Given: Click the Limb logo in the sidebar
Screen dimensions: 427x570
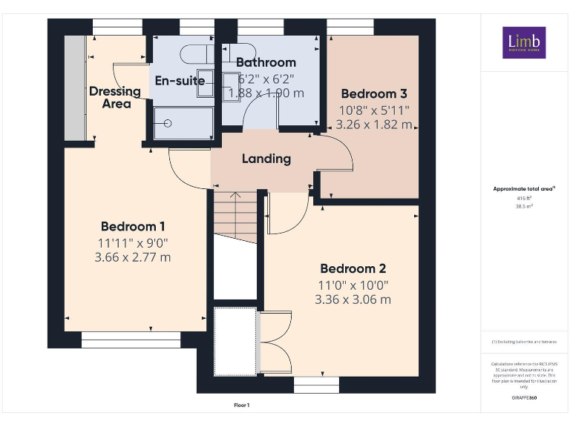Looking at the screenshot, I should [524, 43].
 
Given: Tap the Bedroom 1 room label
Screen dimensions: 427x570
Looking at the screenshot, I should [133, 227].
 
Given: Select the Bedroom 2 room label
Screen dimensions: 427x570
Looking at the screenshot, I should [353, 268].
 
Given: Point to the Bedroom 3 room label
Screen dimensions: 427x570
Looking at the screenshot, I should [374, 94].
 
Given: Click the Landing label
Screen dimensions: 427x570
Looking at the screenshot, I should [266, 159].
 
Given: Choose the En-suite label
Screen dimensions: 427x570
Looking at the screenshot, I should [179, 81].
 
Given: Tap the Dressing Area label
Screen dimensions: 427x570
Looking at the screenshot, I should [115, 97].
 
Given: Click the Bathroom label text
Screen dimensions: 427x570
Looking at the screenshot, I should [266, 63].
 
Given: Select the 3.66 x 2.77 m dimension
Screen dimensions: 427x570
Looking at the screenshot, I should [133, 257].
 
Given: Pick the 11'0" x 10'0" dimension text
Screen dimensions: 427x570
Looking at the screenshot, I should [353, 285].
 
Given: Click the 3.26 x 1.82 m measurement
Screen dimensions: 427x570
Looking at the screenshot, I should [374, 125].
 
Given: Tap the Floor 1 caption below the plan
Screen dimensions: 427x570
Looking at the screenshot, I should [242, 406].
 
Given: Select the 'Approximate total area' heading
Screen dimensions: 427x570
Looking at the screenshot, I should [523, 189].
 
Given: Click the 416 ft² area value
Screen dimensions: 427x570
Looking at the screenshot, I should [524, 199].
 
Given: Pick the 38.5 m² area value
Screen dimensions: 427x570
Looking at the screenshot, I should [524, 206].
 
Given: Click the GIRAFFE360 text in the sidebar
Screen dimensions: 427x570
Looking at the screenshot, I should [524, 399].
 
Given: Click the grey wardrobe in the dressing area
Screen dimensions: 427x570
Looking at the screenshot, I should [74, 86].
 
